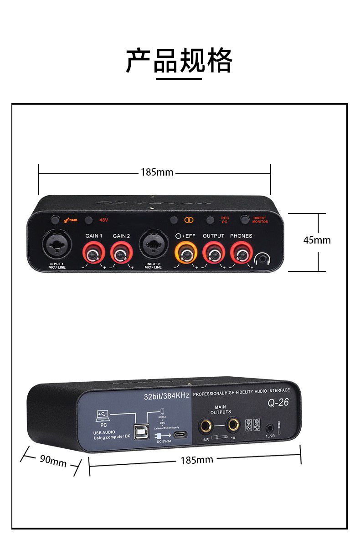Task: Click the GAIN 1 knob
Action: [94, 251]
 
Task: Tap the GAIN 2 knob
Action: [122, 251]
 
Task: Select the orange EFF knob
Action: [185, 251]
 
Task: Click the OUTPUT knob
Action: [213, 251]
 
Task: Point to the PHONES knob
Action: [241, 251]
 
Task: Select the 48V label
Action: [103, 220]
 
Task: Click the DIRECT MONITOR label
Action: [260, 220]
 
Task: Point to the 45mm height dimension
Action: [317, 240]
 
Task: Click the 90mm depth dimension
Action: [53, 461]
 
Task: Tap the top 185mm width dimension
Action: [157, 172]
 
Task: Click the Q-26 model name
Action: [278, 403]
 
